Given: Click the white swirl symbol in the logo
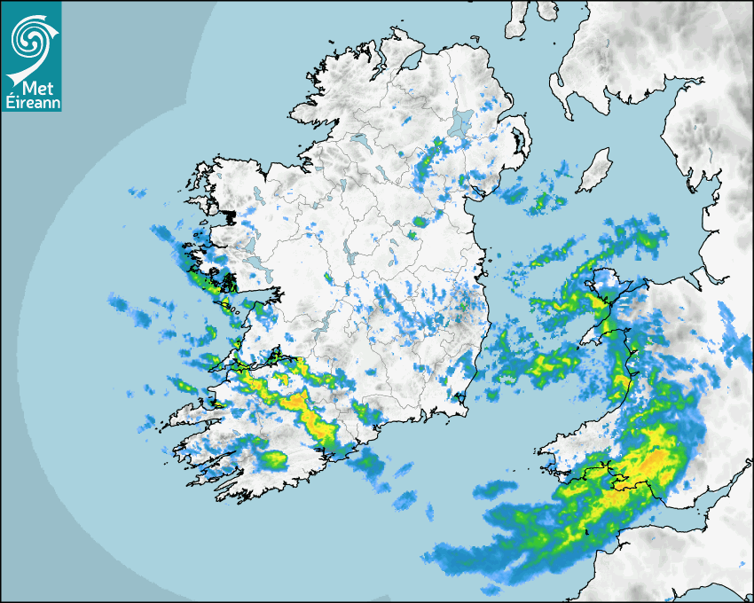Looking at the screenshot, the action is click(30, 39).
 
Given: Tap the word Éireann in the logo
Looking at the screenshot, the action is click(31, 103).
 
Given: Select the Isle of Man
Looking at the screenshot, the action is click(593, 170).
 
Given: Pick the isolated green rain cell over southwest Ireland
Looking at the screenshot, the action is click(274, 459).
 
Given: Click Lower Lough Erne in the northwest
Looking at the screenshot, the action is click(359, 141).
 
